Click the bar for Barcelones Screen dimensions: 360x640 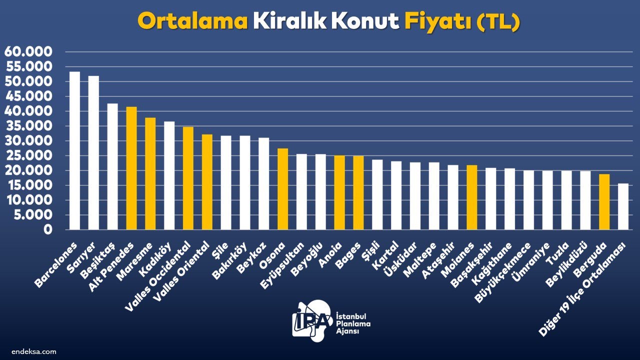click(x=74, y=150)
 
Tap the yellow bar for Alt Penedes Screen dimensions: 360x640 click(x=131, y=168)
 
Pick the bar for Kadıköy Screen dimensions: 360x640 click(x=169, y=175)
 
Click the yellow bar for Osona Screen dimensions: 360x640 click(x=283, y=189)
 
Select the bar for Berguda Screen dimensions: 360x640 click(x=604, y=201)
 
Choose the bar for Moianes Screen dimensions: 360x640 click(x=471, y=197)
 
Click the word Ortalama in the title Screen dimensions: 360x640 click(x=193, y=21)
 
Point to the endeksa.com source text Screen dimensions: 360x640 click(x=34, y=351)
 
